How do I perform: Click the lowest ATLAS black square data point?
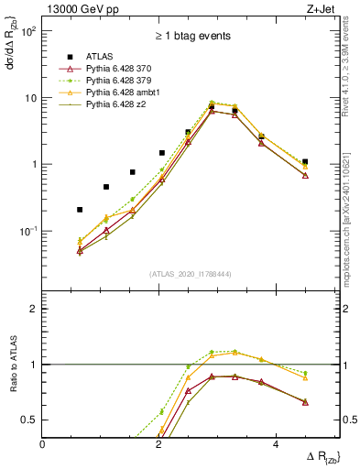(80, 210)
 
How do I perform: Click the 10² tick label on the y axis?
(28, 31)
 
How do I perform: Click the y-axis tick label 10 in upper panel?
(30, 98)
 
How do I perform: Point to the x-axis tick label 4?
(300, 444)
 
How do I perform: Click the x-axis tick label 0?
(43, 444)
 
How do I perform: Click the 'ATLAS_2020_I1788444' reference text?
(191, 273)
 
